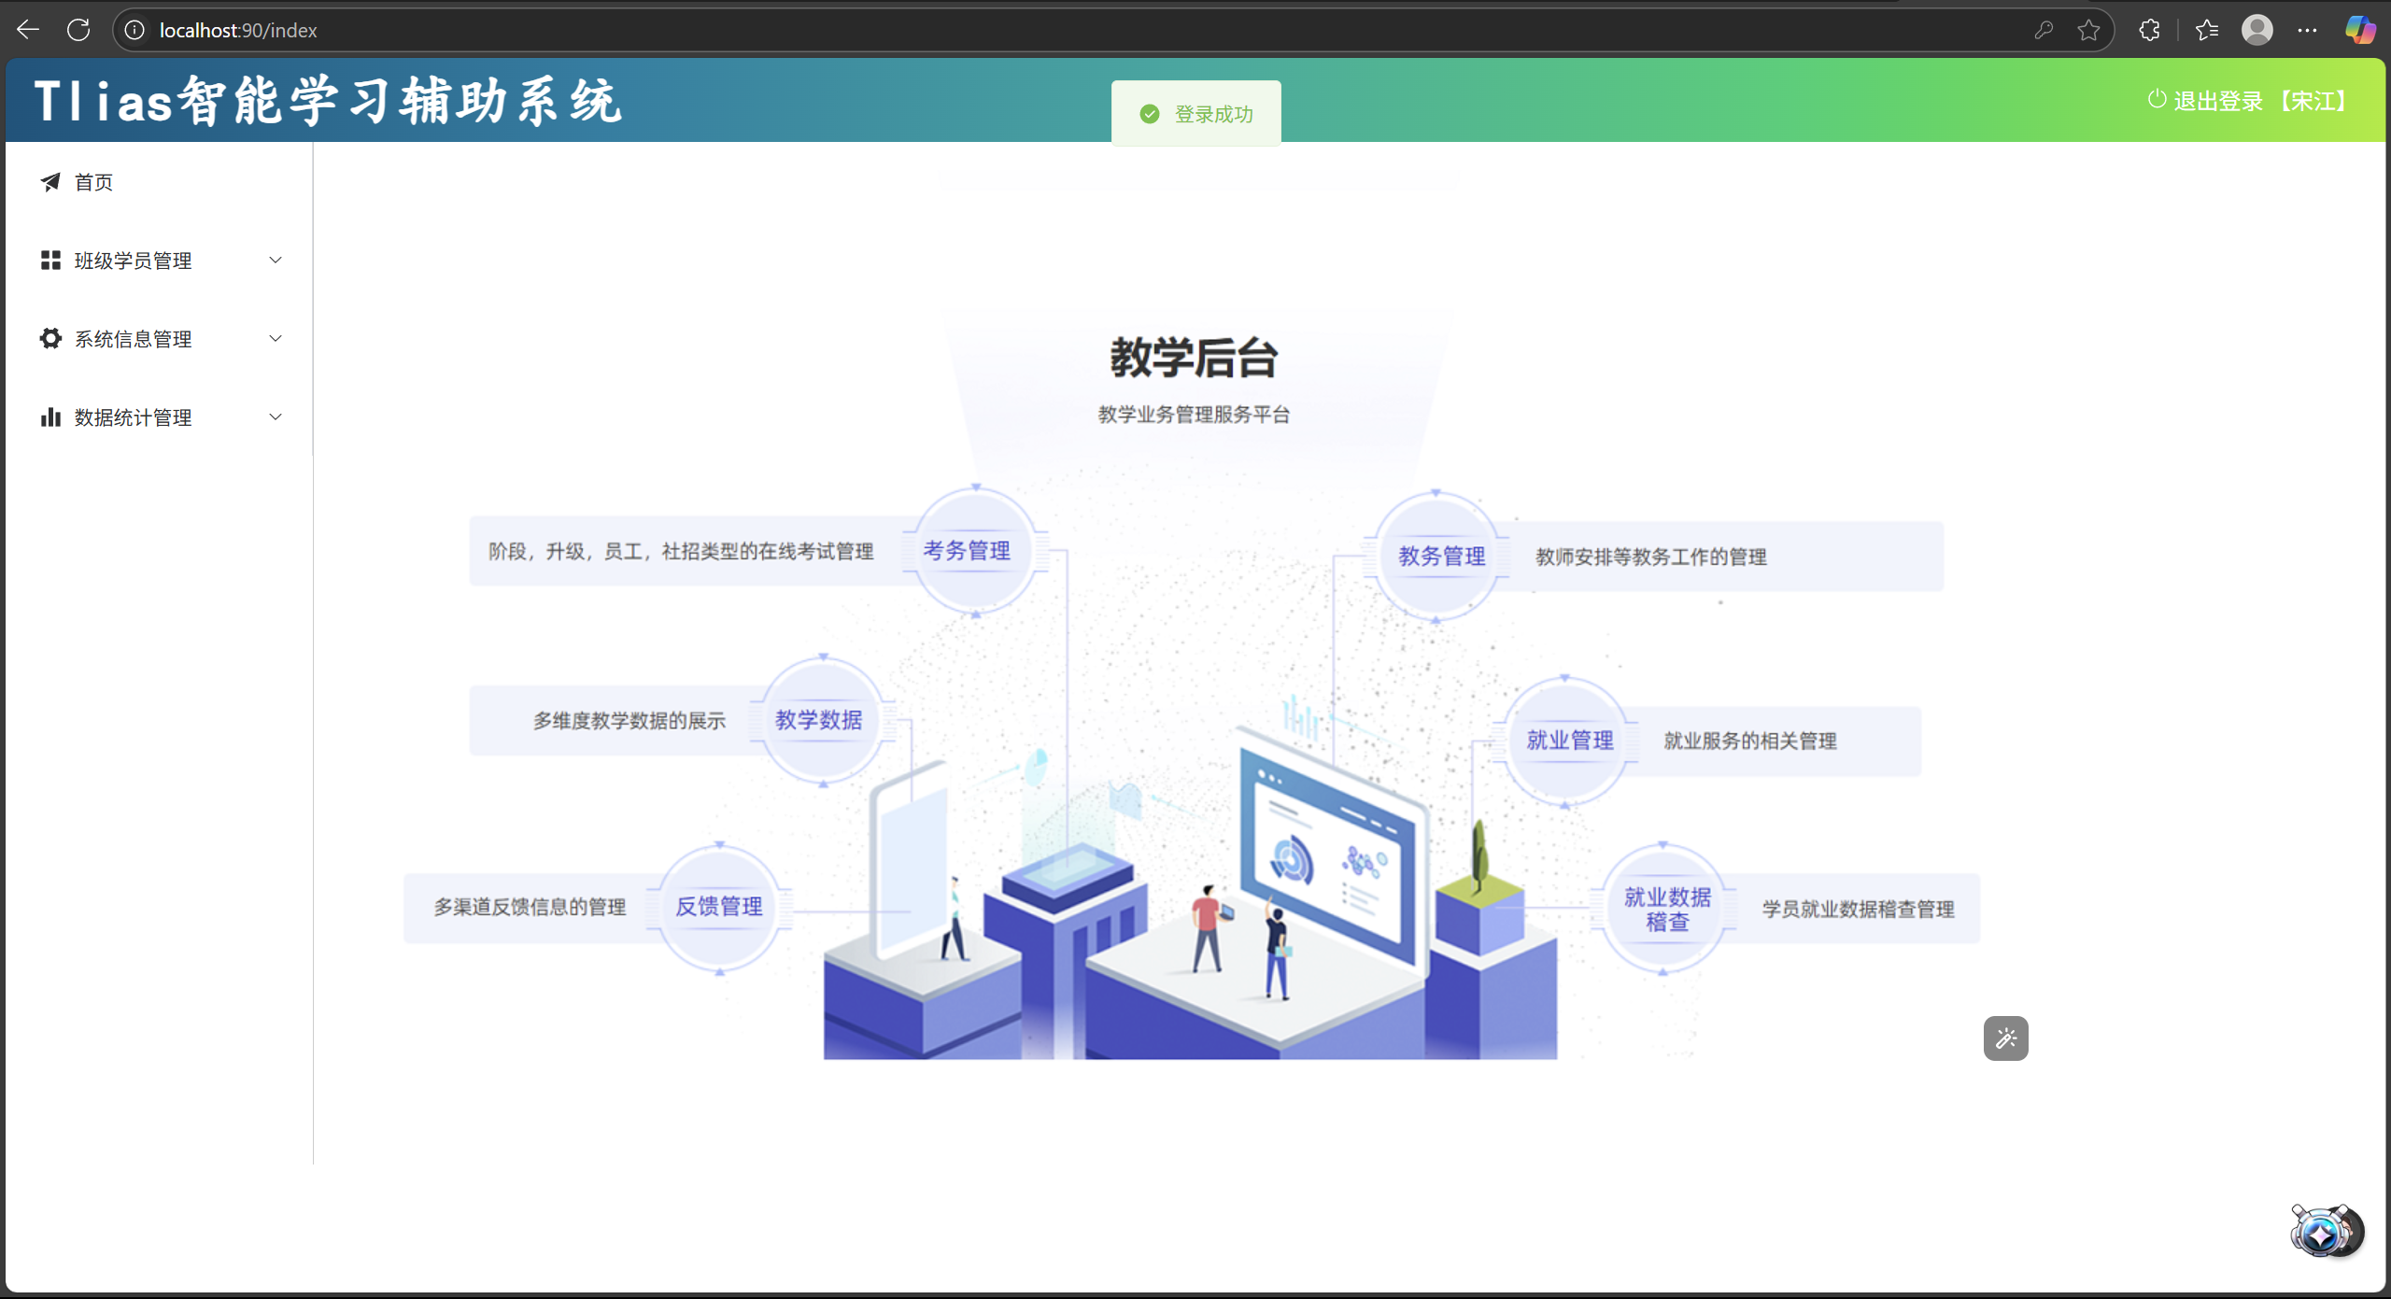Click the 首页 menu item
point(93,182)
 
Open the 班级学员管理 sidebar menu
point(133,261)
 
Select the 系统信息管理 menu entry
point(133,339)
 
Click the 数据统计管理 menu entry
point(133,417)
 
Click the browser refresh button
point(78,30)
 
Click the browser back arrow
point(28,30)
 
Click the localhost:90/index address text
point(238,31)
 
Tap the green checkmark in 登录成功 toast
point(1150,114)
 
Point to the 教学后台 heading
point(1194,358)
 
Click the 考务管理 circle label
point(967,551)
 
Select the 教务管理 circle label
point(1441,557)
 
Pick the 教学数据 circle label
point(818,720)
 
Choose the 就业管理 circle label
point(1569,741)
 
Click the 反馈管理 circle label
point(718,907)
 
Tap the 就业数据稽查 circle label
point(1667,910)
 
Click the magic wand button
point(2005,1038)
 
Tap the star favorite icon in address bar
point(2089,31)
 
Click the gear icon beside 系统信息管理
point(50,338)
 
